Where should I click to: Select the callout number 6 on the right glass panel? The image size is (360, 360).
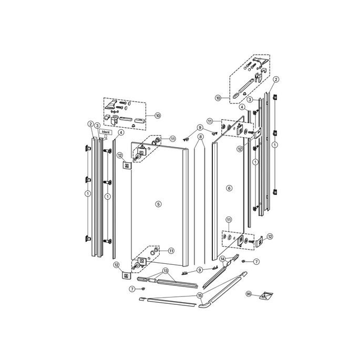coord(229,188)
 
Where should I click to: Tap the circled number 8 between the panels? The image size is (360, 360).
coord(200,137)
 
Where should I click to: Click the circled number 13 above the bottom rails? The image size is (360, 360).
coord(166,271)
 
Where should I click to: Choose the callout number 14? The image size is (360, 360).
coord(222,259)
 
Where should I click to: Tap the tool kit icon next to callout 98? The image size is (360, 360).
coord(264,296)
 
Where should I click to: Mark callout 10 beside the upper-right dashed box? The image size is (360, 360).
coord(217,97)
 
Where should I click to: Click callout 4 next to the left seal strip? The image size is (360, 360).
coord(121,133)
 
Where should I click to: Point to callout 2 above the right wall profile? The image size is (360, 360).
coord(275,79)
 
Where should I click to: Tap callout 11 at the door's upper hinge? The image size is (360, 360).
coord(172,138)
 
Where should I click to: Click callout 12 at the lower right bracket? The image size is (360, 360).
coord(270,237)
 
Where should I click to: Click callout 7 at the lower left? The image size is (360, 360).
coord(131,289)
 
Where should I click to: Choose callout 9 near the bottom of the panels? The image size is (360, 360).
coord(200,269)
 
